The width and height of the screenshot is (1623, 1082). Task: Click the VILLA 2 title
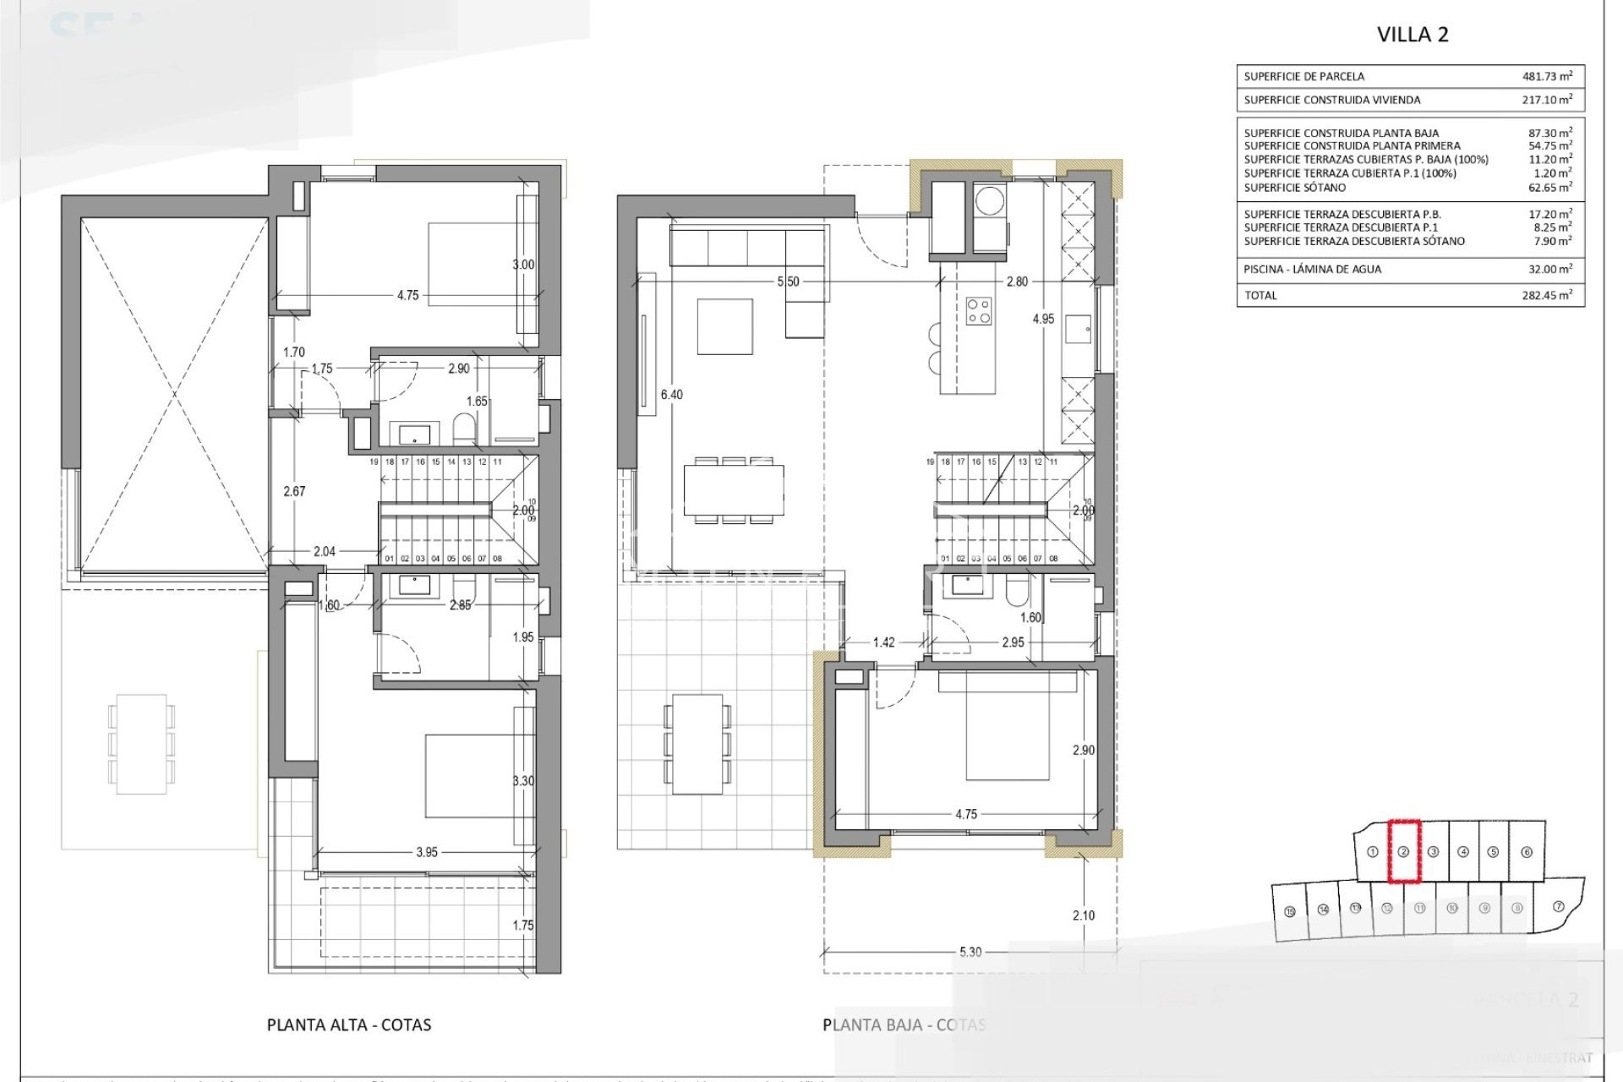coord(1413,35)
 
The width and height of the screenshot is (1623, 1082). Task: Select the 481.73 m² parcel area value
coord(1547,76)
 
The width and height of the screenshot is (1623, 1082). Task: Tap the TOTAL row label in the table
coord(1260,295)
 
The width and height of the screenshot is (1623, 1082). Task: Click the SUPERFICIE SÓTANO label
coord(1294,188)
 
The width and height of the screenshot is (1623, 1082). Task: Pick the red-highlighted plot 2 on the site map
coord(1403,851)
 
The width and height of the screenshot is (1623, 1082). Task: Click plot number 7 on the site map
coord(1559,906)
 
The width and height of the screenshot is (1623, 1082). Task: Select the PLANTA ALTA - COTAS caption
coord(349,1025)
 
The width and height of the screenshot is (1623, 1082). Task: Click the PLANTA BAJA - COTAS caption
coord(904,1025)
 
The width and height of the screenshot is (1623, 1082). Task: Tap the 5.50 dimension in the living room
coord(788,281)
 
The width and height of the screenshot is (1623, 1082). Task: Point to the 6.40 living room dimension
coord(672,395)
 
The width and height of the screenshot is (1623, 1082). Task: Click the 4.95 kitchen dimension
coord(1043,319)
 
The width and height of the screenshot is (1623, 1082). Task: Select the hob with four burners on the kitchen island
coord(979,311)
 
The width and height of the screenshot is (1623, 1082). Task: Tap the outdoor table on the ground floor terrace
coord(697,744)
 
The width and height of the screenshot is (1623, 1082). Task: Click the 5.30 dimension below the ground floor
coord(970,952)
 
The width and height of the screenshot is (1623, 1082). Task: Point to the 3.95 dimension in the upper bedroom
coord(427,852)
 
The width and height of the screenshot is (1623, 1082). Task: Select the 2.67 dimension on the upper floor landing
coord(294,491)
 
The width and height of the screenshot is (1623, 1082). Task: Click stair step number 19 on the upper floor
coord(374,462)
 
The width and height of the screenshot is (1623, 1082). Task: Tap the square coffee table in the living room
coord(724,326)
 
